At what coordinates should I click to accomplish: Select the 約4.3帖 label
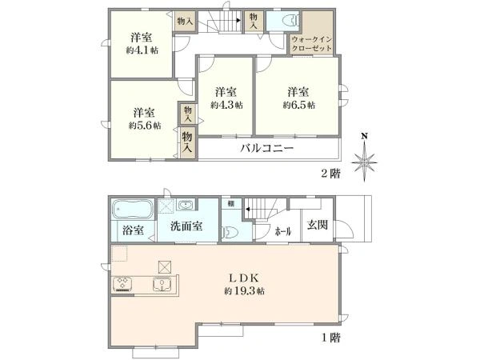[x=227, y=105]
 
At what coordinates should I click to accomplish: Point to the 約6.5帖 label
[x=298, y=105]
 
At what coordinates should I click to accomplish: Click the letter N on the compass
[x=365, y=136]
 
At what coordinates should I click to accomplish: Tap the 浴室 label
[x=133, y=232]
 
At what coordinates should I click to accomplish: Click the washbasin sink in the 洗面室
[x=189, y=205]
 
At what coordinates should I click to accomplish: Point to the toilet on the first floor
[x=229, y=231]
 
